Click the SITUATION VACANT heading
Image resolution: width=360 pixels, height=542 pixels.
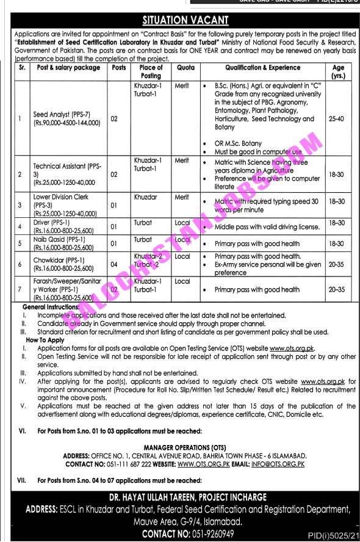click(181, 21)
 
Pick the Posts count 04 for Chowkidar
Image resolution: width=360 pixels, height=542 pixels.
click(113, 264)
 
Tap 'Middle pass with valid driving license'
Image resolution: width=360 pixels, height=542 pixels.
click(267, 227)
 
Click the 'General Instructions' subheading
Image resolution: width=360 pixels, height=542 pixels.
click(51, 307)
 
